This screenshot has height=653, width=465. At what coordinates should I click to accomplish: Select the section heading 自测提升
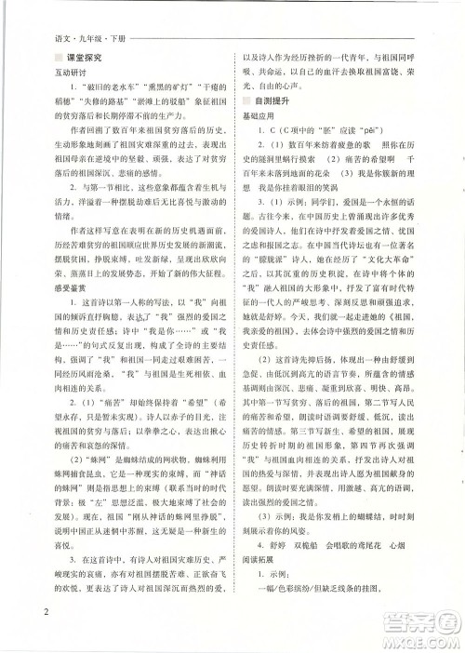click(x=282, y=109)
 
